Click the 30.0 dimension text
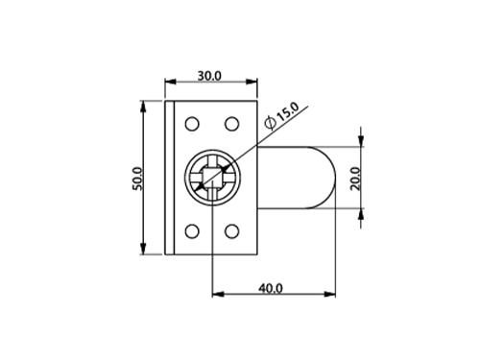tap(209, 76)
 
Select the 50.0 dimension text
tap(137, 179)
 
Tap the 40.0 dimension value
tap(271, 289)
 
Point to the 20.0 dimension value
tap(355, 179)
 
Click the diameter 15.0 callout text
tap(282, 116)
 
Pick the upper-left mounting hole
tap(192, 124)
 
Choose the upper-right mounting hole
tap(231, 124)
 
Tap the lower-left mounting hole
tap(192, 231)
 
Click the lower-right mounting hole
tap(231, 231)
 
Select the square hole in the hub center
tap(212, 178)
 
